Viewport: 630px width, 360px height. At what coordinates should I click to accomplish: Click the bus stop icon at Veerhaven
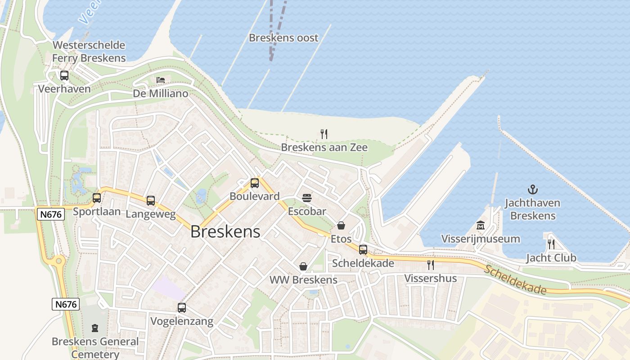point(64,75)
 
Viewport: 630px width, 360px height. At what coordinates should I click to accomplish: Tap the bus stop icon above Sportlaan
point(97,198)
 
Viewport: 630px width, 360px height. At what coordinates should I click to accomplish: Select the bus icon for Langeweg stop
point(151,200)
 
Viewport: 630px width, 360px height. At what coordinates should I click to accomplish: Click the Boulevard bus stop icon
point(255,183)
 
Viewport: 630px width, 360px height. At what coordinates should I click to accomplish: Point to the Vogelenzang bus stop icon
point(182,308)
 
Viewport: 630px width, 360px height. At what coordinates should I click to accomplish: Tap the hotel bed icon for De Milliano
point(161,80)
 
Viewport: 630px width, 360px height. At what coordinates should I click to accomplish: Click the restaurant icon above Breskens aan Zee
point(324,134)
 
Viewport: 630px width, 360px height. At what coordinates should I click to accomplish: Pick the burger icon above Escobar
point(307,198)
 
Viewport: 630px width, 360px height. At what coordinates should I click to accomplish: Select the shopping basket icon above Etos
point(341,225)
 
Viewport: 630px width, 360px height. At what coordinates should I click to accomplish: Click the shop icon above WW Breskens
point(303,266)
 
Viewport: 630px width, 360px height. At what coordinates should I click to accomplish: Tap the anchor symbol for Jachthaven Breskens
point(533,189)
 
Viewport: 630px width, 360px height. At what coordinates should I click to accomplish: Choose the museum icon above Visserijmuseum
point(481,225)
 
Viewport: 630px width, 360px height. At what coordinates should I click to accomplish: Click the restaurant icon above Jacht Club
point(551,244)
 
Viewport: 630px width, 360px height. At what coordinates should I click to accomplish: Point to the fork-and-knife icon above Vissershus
point(431,265)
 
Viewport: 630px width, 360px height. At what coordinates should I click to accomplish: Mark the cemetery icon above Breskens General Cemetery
point(95,328)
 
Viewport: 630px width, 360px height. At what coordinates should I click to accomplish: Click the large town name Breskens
point(225,231)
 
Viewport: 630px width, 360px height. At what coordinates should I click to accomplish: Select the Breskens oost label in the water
point(283,38)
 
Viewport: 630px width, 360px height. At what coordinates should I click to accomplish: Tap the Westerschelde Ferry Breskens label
point(89,51)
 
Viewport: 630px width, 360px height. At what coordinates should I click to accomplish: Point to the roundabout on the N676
point(58,261)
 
